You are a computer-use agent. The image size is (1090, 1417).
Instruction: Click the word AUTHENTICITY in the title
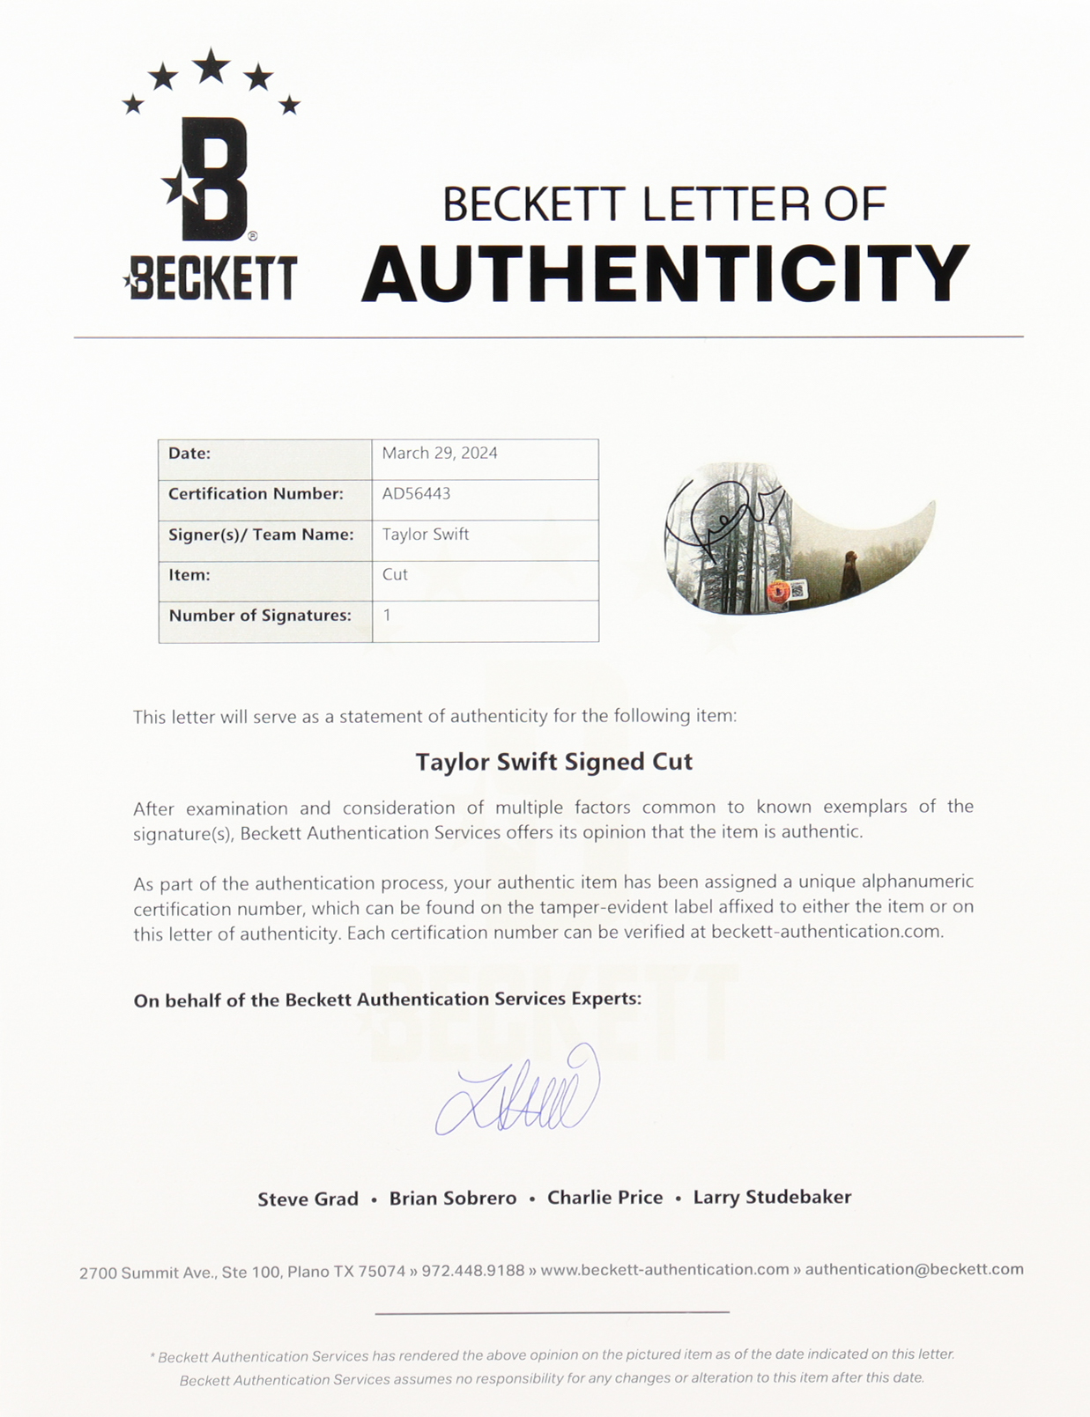click(665, 274)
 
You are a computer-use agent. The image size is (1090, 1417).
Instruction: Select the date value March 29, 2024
click(440, 454)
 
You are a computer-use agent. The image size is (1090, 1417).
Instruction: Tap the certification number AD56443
click(416, 494)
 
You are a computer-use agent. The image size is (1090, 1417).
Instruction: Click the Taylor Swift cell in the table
click(426, 535)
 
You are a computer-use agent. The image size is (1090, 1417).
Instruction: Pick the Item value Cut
click(395, 574)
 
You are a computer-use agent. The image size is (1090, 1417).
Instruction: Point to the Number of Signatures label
click(260, 616)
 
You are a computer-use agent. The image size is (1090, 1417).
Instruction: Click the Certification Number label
click(256, 494)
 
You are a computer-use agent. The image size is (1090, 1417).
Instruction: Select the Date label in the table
click(189, 454)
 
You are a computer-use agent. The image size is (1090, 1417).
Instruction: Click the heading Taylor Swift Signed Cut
click(553, 762)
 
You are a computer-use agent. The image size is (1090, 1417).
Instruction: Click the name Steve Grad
click(308, 1199)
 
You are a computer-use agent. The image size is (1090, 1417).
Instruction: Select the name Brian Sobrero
click(453, 1199)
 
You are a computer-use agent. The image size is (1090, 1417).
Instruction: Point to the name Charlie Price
click(604, 1198)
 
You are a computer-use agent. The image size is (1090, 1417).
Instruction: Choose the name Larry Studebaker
click(772, 1197)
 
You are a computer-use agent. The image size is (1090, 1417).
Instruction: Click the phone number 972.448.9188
click(472, 1271)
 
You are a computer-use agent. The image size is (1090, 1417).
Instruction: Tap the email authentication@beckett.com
click(914, 1269)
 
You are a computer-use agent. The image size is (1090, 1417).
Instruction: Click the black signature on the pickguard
click(718, 520)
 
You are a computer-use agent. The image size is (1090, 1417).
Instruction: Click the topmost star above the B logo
click(211, 66)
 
